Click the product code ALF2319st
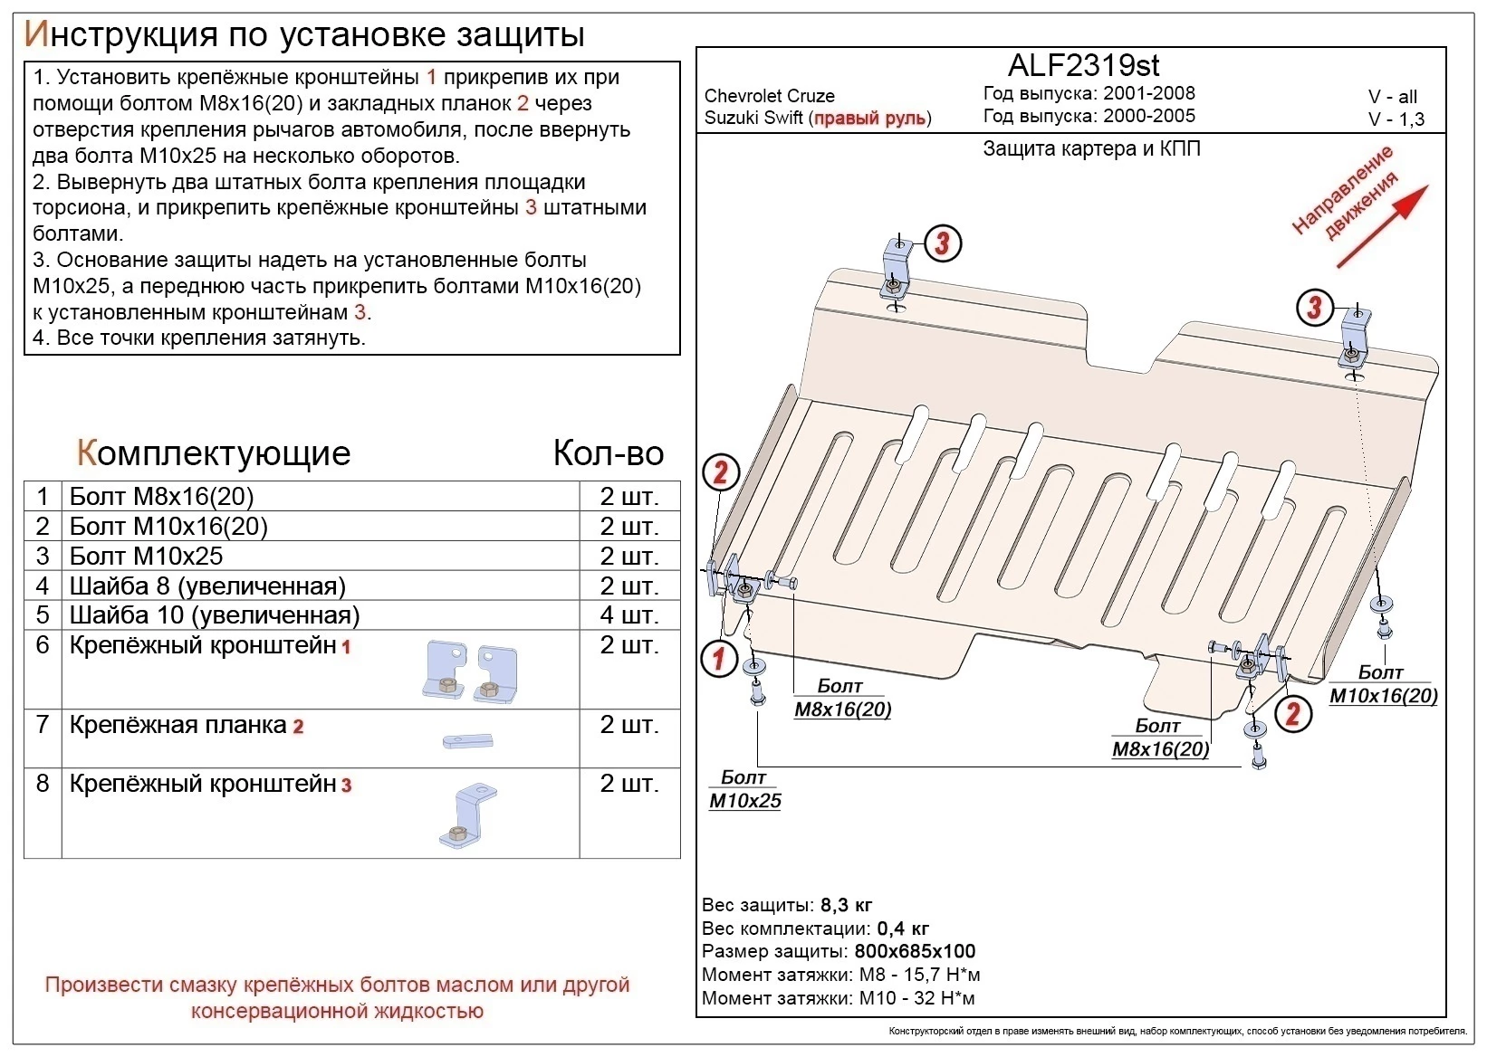pyautogui.click(x=1083, y=65)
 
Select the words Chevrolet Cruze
pyautogui.click(x=769, y=96)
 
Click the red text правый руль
pyautogui.click(x=869, y=119)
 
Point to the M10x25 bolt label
pyautogui.click(x=744, y=800)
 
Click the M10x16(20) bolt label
pyautogui.click(x=1383, y=695)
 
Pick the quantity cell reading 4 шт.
pyautogui.click(x=628, y=615)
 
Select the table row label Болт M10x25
pyautogui.click(x=146, y=556)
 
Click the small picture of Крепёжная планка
pyautogui.click(x=467, y=741)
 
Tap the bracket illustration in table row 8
pyautogui.click(x=467, y=815)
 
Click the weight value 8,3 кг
pyautogui.click(x=846, y=905)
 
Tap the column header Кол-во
pyautogui.click(x=608, y=452)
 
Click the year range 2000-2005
pyautogui.click(x=1148, y=116)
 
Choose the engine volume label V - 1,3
pyautogui.click(x=1396, y=119)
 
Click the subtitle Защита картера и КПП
pyautogui.click(x=1091, y=148)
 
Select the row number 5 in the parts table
pyautogui.click(x=42, y=615)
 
